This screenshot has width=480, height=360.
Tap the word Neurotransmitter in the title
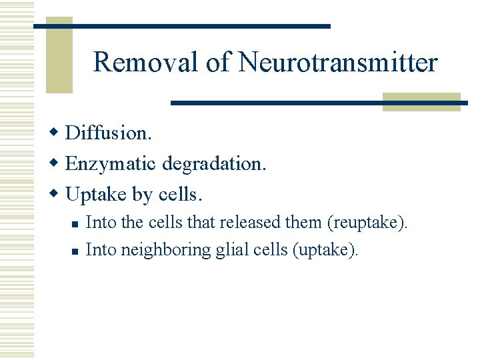[x=338, y=63]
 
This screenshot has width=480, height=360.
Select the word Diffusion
[x=109, y=133]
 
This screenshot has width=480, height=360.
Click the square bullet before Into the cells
[x=75, y=224]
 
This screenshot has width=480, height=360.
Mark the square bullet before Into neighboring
[x=75, y=251]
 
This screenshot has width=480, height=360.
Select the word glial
[x=228, y=250]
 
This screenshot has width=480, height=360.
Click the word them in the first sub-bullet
[x=303, y=222]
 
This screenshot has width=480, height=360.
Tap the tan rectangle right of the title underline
[x=421, y=101]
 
